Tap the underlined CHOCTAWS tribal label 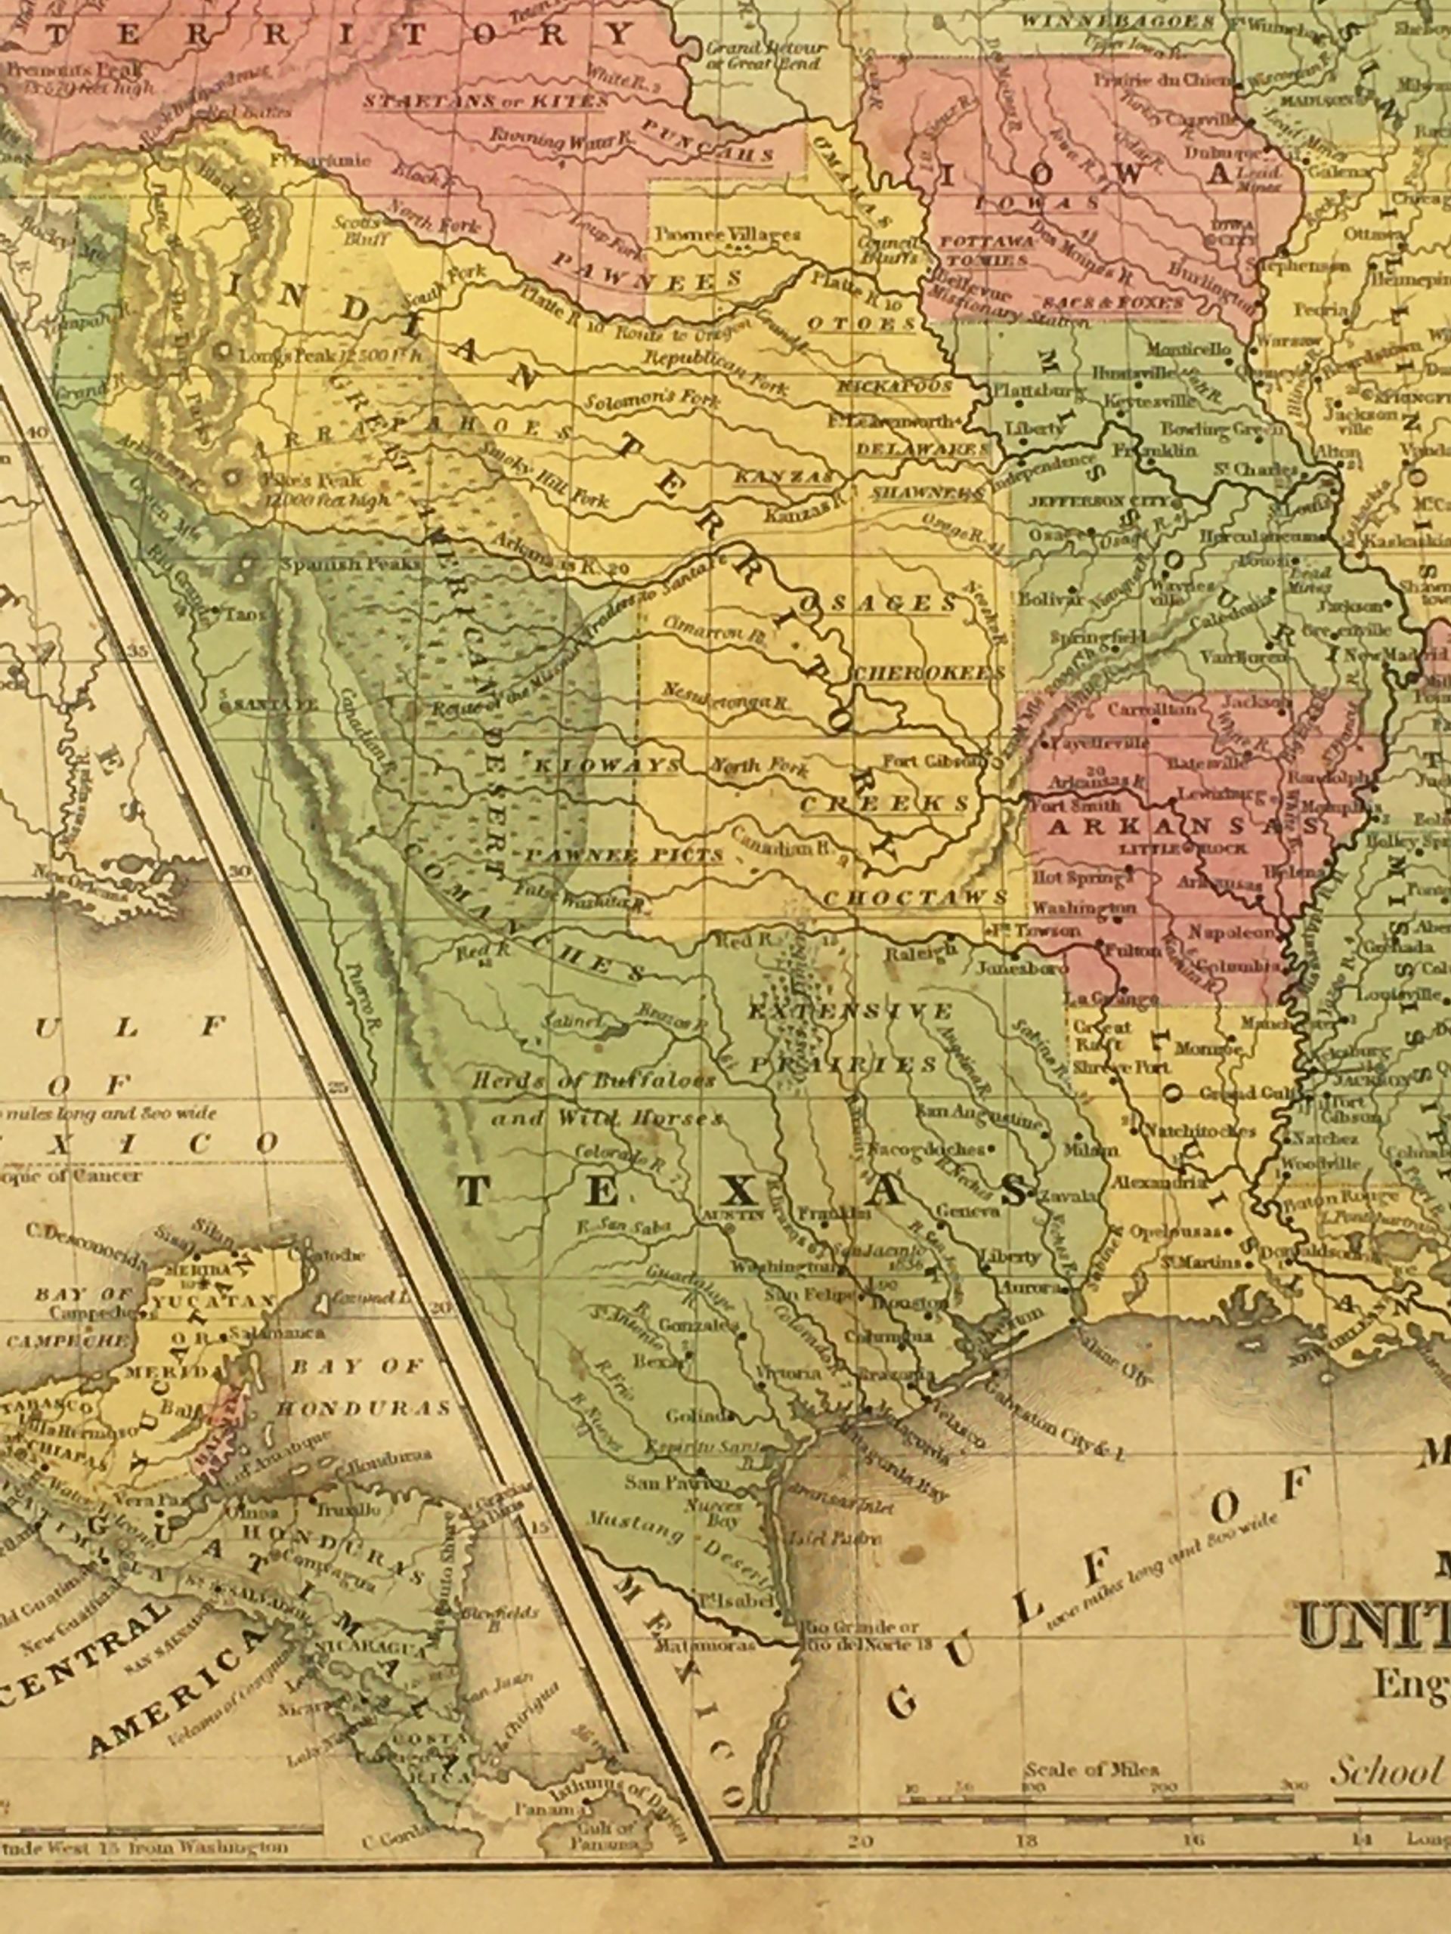[x=915, y=898]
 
